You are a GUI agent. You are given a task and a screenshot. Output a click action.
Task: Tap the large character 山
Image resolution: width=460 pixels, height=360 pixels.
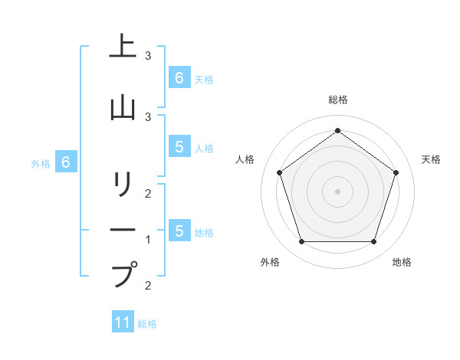[122, 107]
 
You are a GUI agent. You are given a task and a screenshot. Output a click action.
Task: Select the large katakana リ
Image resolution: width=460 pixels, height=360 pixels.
[122, 185]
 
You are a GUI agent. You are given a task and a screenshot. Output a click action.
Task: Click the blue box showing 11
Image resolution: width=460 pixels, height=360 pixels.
[123, 322]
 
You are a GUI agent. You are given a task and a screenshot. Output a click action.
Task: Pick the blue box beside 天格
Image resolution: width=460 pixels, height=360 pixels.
[179, 77]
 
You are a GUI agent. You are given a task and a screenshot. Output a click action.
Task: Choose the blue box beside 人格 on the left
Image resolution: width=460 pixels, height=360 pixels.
[179, 148]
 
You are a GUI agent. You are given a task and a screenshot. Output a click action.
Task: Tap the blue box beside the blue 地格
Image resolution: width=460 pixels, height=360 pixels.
[179, 231]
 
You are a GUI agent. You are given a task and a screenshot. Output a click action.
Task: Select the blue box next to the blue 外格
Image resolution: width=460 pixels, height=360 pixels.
[66, 162]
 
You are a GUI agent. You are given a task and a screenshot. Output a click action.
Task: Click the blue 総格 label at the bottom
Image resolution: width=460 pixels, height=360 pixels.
[147, 324]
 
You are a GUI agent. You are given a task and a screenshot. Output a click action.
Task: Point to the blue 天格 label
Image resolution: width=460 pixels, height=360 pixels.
[204, 79]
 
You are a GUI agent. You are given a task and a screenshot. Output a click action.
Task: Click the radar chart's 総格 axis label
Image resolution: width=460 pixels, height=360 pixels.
[337, 100]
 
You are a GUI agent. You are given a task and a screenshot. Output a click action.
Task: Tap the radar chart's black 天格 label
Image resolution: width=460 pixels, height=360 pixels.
[431, 159]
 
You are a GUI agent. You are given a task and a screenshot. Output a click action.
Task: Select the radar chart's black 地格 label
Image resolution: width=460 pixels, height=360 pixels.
[402, 262]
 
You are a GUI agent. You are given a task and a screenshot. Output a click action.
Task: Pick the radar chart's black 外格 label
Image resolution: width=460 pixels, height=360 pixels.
[270, 262]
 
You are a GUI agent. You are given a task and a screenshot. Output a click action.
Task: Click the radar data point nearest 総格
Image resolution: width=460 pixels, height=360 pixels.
[337, 131]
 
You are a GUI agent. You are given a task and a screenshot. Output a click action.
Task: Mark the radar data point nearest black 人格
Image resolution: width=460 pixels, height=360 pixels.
[279, 172]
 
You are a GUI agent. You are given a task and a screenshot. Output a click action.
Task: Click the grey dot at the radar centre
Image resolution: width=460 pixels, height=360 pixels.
[337, 191]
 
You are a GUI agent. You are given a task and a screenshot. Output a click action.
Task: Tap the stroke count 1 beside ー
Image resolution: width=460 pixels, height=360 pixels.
[148, 239]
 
